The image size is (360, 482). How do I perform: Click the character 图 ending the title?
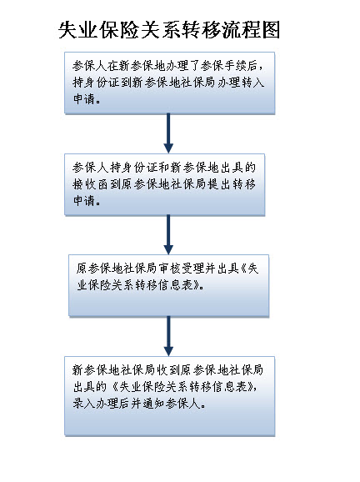(x=271, y=30)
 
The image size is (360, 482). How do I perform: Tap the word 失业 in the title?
(x=77, y=30)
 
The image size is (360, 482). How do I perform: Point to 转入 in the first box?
(x=253, y=82)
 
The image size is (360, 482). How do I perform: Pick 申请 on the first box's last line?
(x=84, y=98)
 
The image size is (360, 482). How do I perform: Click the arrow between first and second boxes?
(x=168, y=133)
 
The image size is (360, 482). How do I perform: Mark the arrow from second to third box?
(x=168, y=234)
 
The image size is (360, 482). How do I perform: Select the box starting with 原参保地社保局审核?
(x=168, y=285)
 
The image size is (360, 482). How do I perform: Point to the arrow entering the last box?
(x=168, y=336)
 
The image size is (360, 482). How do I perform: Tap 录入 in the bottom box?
(x=84, y=403)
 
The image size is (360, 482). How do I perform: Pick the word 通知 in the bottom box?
(x=153, y=403)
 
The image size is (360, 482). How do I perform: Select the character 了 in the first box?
(x=194, y=66)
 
